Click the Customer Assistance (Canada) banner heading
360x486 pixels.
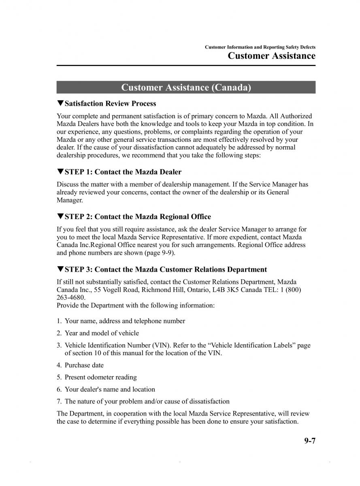pyautogui.click(x=186, y=87)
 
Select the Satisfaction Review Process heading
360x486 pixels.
pyautogui.click(x=110, y=104)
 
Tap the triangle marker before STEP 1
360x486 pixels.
pyautogui.click(x=60, y=172)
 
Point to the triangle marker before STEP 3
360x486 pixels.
pyautogui.click(x=60, y=269)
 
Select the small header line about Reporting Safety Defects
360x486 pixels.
pyautogui.click(x=260, y=47)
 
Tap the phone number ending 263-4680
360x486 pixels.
pyautogui.click(x=71, y=298)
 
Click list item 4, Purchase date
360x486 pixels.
pyautogui.click(x=84, y=365)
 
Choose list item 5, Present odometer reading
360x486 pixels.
pyautogui.click(x=100, y=377)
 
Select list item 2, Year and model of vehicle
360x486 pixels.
pyautogui.click(x=102, y=333)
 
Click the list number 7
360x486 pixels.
pyautogui.click(x=59, y=401)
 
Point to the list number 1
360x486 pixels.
pyautogui.click(x=59, y=321)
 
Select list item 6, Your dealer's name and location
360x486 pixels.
pyautogui.click(x=110, y=389)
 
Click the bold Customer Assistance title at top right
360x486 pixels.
pyautogui.click(x=271, y=56)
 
